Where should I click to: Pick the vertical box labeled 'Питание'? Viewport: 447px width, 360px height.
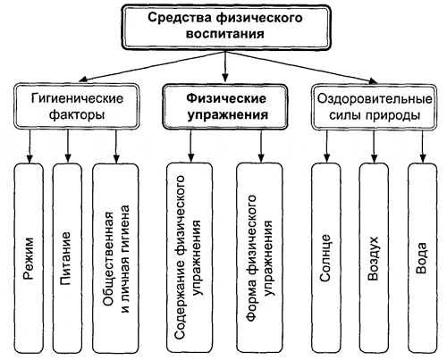click(x=68, y=255)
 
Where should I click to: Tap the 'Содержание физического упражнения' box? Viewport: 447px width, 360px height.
click(x=187, y=255)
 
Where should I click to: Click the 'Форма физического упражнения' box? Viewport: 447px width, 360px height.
click(x=259, y=255)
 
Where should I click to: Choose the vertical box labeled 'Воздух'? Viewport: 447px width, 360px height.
click(x=375, y=255)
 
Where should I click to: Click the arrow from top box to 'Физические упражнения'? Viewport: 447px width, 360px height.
click(x=223, y=67)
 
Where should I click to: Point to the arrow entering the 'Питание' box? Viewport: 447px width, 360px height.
click(x=68, y=145)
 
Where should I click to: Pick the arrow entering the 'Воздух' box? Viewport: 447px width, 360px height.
click(x=375, y=145)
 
